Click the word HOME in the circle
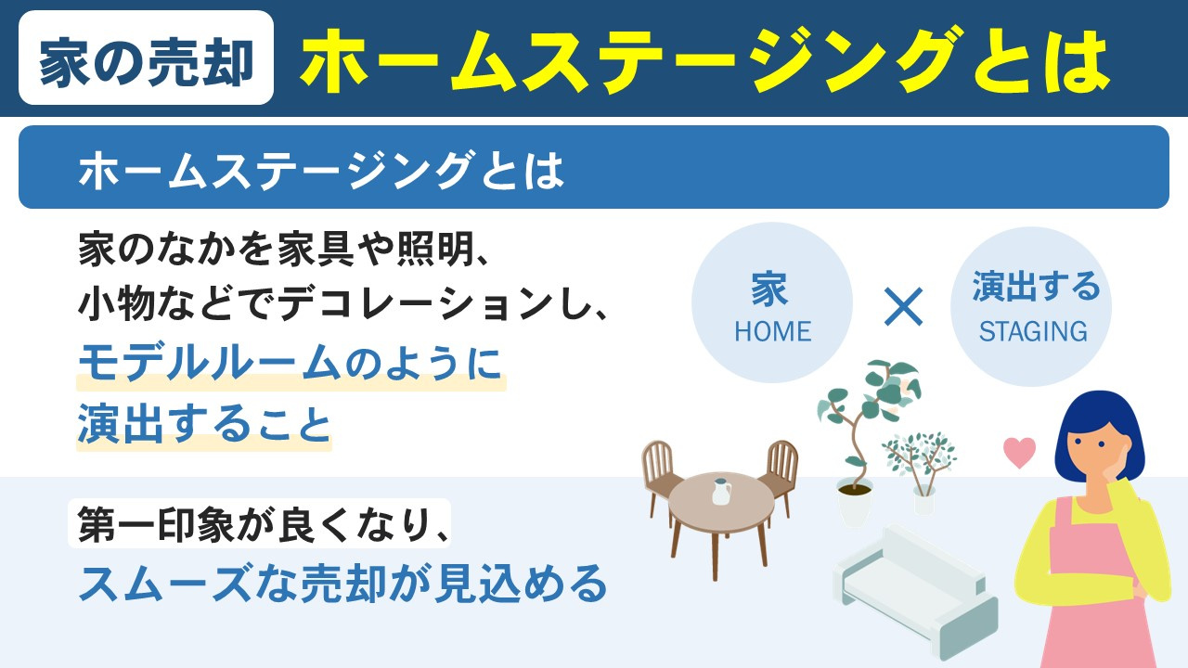772,331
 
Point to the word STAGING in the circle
1033,331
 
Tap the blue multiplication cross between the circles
903,307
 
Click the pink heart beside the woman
1019,453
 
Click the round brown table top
721,502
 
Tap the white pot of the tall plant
854,503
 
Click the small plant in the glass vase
919,469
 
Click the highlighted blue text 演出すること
204,425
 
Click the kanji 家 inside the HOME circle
770,290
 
